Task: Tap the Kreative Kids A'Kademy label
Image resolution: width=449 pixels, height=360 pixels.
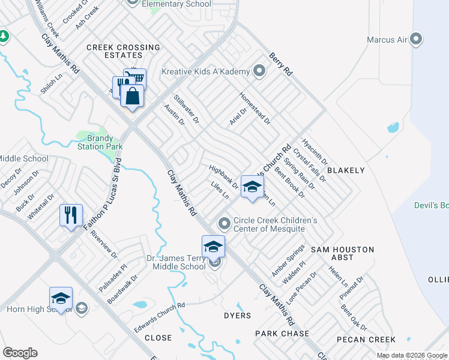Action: point(205,72)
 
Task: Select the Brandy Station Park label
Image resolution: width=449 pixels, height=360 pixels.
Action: point(100,142)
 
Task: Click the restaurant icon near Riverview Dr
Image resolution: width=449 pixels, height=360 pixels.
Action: point(71,215)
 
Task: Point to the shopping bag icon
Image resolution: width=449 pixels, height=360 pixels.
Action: point(132,96)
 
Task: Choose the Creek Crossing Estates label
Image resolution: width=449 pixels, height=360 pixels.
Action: point(123,51)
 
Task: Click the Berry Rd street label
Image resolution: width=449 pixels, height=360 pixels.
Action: point(280,63)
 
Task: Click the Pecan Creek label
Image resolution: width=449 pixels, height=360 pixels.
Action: point(366,340)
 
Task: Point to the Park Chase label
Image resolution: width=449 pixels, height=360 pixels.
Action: point(282,334)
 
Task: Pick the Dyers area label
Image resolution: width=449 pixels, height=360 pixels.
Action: point(237,315)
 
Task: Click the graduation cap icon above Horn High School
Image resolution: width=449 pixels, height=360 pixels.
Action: point(60,298)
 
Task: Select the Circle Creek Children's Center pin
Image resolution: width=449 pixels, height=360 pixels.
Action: point(224,224)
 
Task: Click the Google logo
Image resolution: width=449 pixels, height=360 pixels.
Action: point(20,353)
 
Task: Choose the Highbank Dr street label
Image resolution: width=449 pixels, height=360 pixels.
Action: point(223,176)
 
